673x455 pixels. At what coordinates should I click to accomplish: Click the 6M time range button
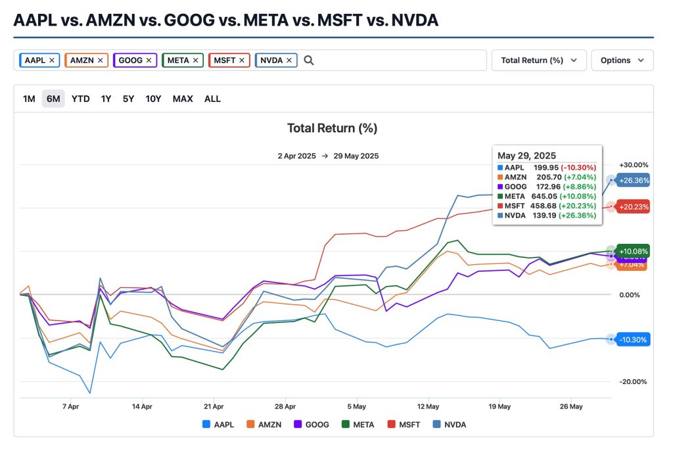tap(53, 99)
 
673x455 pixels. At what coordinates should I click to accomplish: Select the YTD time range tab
tap(81, 99)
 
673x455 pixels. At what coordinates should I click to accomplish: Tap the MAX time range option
tap(183, 99)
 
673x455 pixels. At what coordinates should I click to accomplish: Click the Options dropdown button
tap(622, 60)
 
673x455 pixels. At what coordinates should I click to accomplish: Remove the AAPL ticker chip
tap(52, 60)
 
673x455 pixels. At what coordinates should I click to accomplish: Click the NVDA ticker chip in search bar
tap(271, 60)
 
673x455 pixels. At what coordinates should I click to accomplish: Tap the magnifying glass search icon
tap(309, 60)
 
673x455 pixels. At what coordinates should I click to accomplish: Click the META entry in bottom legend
tap(358, 425)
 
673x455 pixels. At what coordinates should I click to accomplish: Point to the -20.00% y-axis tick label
tap(634, 382)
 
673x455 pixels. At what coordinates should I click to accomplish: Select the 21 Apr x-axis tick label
tap(214, 406)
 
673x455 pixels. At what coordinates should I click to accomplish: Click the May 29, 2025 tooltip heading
tap(526, 156)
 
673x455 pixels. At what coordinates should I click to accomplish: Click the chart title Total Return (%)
tap(332, 128)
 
